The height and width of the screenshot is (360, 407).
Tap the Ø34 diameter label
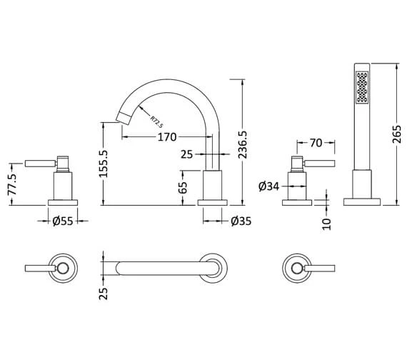pyautogui.click(x=268, y=188)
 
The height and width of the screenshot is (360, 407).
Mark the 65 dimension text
pyautogui.click(x=183, y=188)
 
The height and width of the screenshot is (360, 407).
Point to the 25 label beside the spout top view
pyautogui.click(x=104, y=292)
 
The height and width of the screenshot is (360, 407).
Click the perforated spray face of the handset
pyautogui.click(x=362, y=88)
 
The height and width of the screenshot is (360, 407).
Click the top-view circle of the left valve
pyautogui.click(x=62, y=269)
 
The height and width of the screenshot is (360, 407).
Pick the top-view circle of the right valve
pyautogui.click(x=296, y=269)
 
